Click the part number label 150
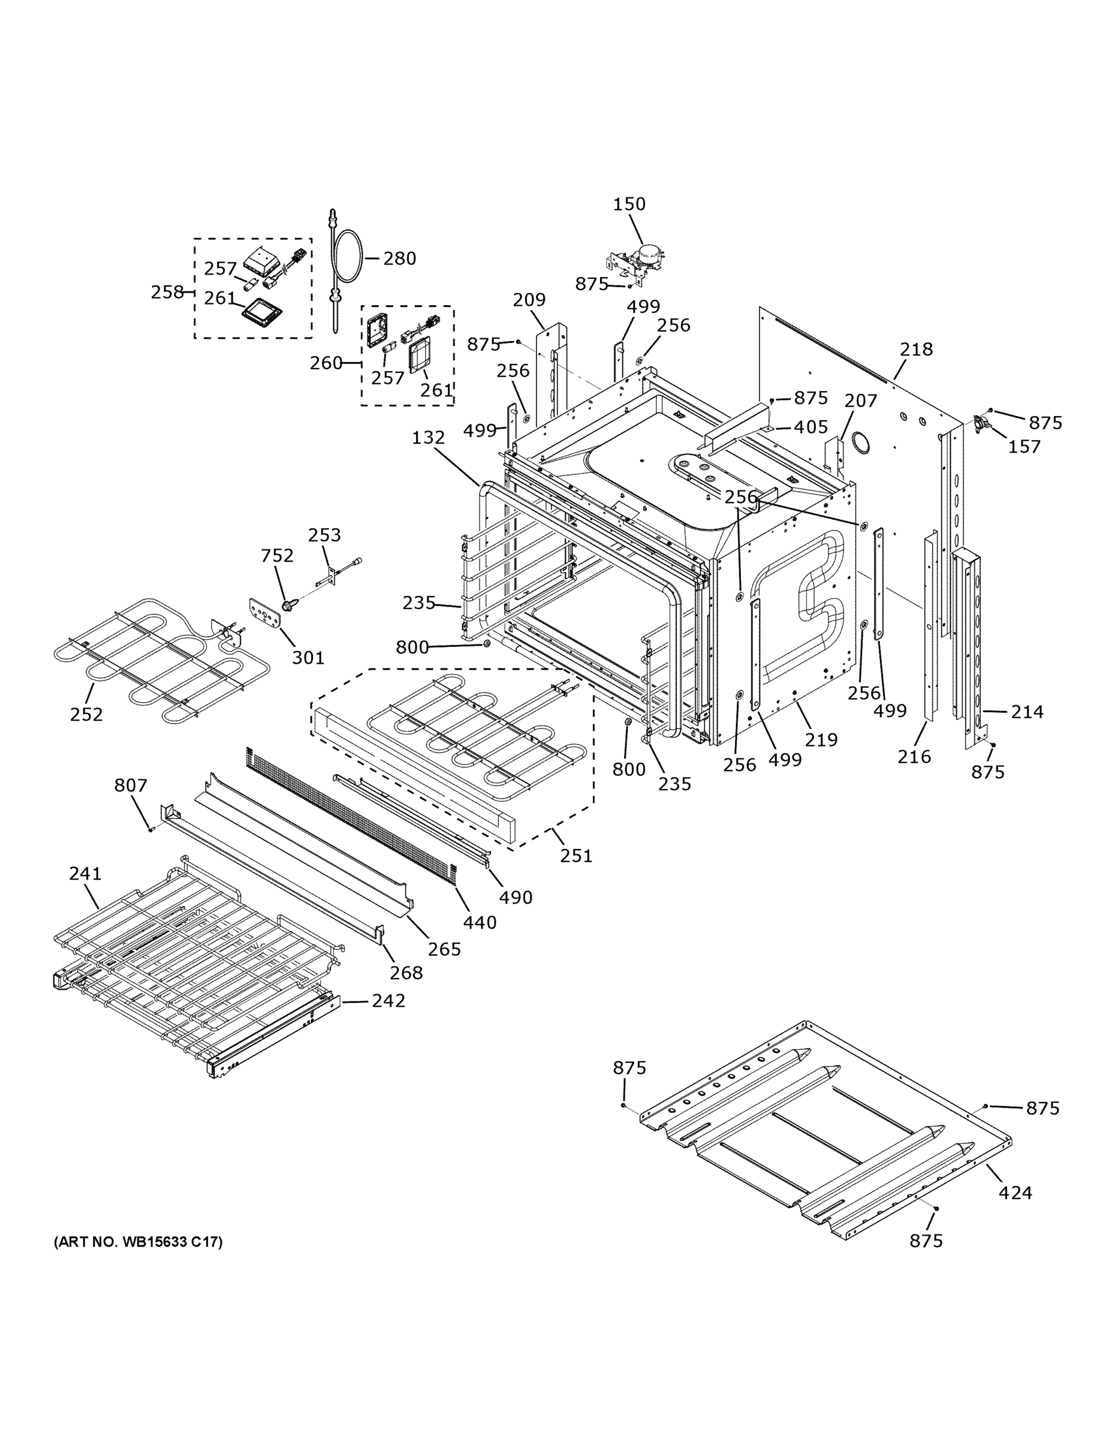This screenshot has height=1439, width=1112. tap(629, 204)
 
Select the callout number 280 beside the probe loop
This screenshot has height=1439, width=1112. tap(399, 258)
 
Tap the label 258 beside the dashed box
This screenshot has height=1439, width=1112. tap(167, 292)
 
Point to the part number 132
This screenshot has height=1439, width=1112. tap(428, 438)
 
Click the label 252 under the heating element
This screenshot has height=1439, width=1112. tap(86, 714)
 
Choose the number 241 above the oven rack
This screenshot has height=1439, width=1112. tap(85, 874)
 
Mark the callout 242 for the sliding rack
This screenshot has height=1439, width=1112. tap(388, 1000)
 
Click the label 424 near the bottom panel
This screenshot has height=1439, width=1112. tap(1015, 1193)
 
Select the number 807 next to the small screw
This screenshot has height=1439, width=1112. tap(131, 785)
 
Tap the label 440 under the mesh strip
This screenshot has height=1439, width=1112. tap(480, 922)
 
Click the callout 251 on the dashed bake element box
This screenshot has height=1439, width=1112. tap(577, 856)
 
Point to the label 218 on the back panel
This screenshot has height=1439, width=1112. tap(917, 349)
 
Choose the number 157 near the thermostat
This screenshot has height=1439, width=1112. tap(1024, 447)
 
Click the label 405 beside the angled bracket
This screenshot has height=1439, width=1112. tap(810, 427)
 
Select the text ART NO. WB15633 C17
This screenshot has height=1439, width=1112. tap(138, 1242)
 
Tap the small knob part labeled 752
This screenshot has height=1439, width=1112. tap(288, 604)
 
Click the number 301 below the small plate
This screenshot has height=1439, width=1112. tap(308, 657)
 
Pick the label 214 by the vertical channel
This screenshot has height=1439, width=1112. tap(1027, 712)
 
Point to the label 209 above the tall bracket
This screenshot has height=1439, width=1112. tap(529, 300)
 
